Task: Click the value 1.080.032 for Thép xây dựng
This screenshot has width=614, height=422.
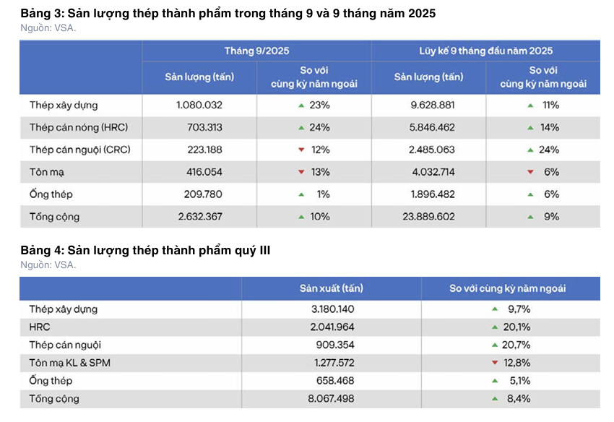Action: pyautogui.click(x=199, y=105)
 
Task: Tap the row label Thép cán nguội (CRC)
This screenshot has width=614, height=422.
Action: pyautogui.click(x=80, y=150)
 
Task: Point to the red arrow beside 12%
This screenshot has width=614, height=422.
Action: pyautogui.click(x=301, y=150)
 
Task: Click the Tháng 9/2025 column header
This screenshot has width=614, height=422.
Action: pyautogui.click(x=257, y=51)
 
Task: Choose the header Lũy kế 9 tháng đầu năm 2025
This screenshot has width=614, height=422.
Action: pyautogui.click(x=485, y=51)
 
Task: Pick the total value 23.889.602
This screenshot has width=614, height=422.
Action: pyautogui.click(x=429, y=217)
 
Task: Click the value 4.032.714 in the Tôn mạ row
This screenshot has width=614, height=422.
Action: pyautogui.click(x=433, y=172)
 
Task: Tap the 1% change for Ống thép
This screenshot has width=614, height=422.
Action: pyautogui.click(x=323, y=194)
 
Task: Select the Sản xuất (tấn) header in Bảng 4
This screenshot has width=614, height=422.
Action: pyautogui.click(x=332, y=288)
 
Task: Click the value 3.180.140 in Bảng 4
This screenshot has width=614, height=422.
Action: pyautogui.click(x=333, y=309)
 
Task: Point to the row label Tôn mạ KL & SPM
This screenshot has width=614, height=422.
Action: pyautogui.click(x=69, y=363)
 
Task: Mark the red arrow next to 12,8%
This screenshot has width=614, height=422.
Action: pyautogui.click(x=495, y=363)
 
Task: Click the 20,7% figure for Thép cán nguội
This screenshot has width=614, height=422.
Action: pyautogui.click(x=516, y=345)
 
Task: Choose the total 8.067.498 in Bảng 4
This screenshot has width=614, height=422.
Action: pyautogui.click(x=331, y=399)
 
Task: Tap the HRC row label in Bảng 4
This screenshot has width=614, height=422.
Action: pyautogui.click(x=40, y=327)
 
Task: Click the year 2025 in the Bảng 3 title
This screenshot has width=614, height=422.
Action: pyautogui.click(x=422, y=13)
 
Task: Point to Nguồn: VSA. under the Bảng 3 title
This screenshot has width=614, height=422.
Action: pyautogui.click(x=48, y=28)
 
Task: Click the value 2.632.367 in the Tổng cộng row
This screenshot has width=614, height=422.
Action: pyautogui.click(x=200, y=217)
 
